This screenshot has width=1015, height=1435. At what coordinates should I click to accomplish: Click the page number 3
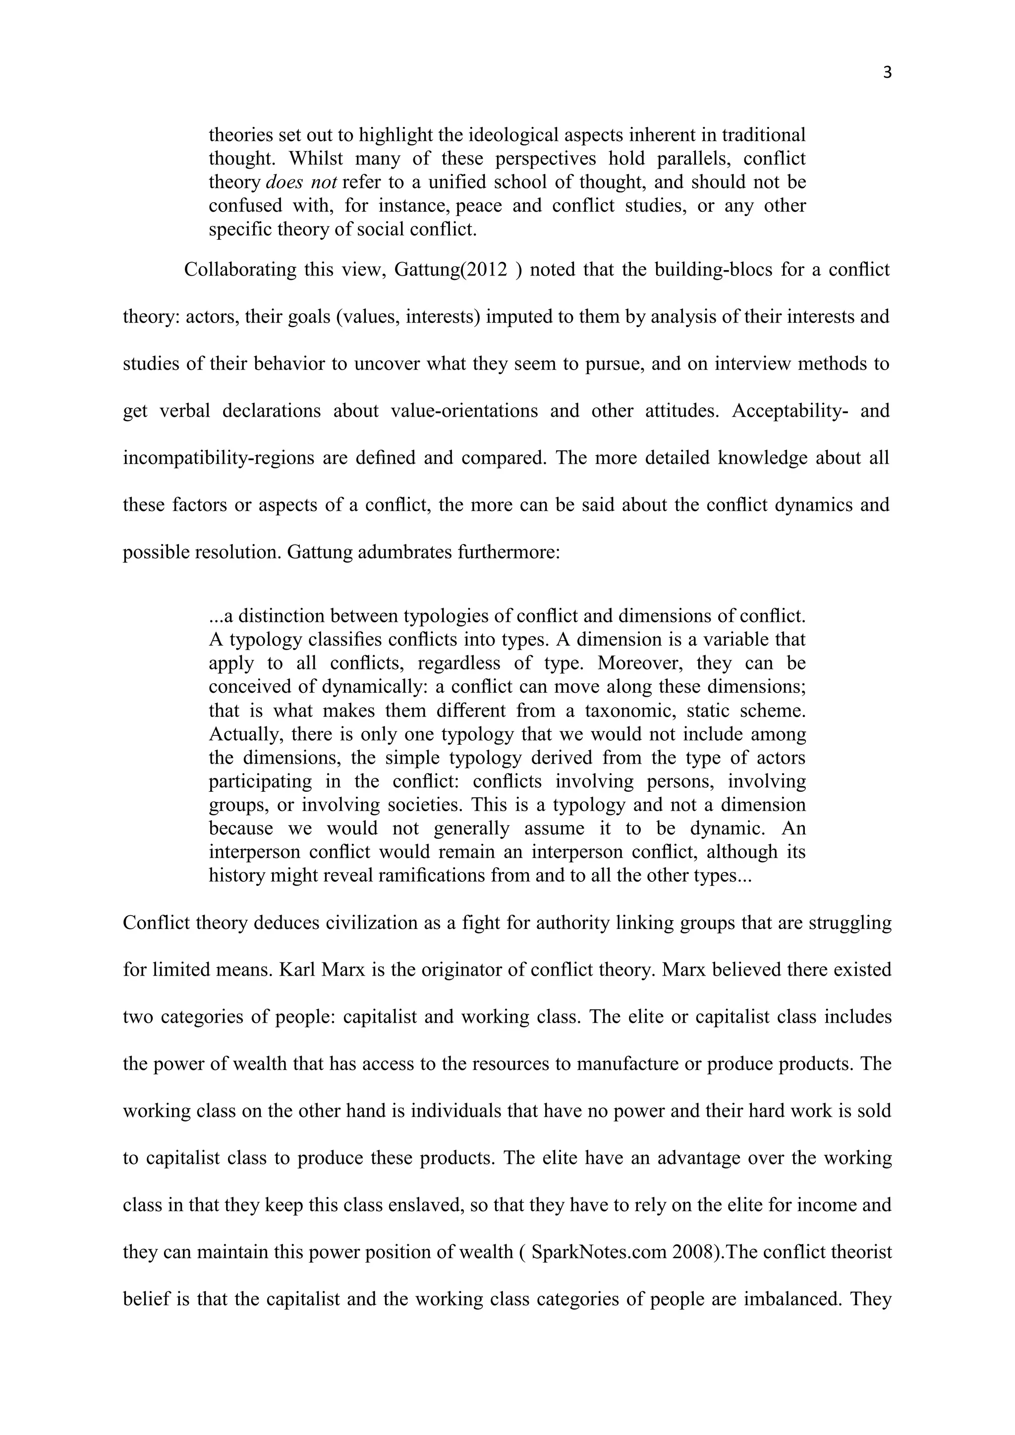(888, 74)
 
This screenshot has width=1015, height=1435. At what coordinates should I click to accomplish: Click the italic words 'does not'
(302, 182)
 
